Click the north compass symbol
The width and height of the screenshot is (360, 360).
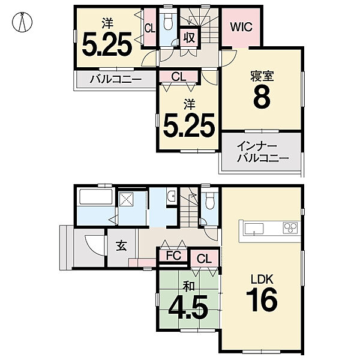pos(22,22)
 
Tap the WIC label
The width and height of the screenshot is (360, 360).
pos(241,27)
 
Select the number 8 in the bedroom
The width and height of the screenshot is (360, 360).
pos(262,98)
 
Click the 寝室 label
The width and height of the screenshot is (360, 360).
pos(262,76)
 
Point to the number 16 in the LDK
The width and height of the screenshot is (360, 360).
pos(262,301)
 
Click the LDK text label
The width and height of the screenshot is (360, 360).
pos(262,280)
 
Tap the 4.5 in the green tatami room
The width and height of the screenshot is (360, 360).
pos(188,308)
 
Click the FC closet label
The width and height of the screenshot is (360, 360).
pos(174,256)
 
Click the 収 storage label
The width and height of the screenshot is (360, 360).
pos(189,37)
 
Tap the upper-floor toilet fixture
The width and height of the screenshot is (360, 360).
pos(168,21)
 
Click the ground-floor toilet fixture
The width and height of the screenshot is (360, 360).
pos(209,200)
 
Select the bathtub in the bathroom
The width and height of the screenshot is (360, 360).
pos(95,196)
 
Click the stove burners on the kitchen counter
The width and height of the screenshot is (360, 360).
pos(290,228)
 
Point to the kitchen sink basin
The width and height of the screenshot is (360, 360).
pos(254,229)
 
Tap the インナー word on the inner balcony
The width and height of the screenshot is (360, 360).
pos(257,146)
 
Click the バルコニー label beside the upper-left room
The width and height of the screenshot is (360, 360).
pos(115,79)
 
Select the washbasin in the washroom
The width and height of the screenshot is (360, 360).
pos(171,196)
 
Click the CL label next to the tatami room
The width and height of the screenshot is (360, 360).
pos(204,259)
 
